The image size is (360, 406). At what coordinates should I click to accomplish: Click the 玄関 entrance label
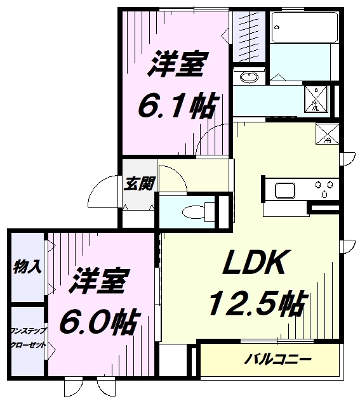pos(139,184)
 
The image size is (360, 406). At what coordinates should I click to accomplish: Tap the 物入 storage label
pos(27,266)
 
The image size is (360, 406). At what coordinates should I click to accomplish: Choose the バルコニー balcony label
pos(278,361)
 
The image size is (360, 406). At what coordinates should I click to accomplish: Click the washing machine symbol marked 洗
pos(317,98)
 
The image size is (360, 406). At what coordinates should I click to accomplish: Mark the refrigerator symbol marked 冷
pos(327,134)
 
